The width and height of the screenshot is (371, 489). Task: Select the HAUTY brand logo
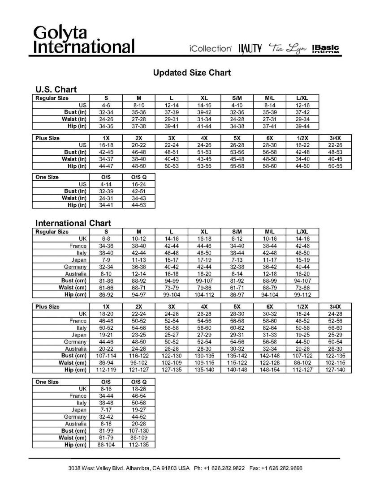pyautogui.click(x=250, y=48)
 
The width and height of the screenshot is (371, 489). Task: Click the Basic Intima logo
pyautogui.click(x=326, y=48)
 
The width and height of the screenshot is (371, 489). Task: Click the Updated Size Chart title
pyautogui.click(x=192, y=72)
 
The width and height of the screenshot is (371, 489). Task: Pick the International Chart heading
pyautogui.click(x=73, y=223)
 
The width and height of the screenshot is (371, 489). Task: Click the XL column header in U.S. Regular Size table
pyautogui.click(x=204, y=98)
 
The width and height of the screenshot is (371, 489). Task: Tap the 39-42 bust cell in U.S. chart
pyautogui.click(x=204, y=112)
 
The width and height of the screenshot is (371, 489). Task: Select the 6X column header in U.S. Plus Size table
pyautogui.click(x=270, y=138)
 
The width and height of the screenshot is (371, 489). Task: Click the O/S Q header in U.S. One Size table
pyautogui.click(x=139, y=177)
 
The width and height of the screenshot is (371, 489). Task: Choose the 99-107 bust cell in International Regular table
pyautogui.click(x=204, y=280)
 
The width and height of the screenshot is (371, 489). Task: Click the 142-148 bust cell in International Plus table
pyautogui.click(x=270, y=355)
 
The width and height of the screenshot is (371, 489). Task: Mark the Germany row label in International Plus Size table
pyautogui.click(x=76, y=341)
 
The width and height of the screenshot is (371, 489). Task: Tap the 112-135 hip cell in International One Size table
pyautogui.click(x=139, y=445)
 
